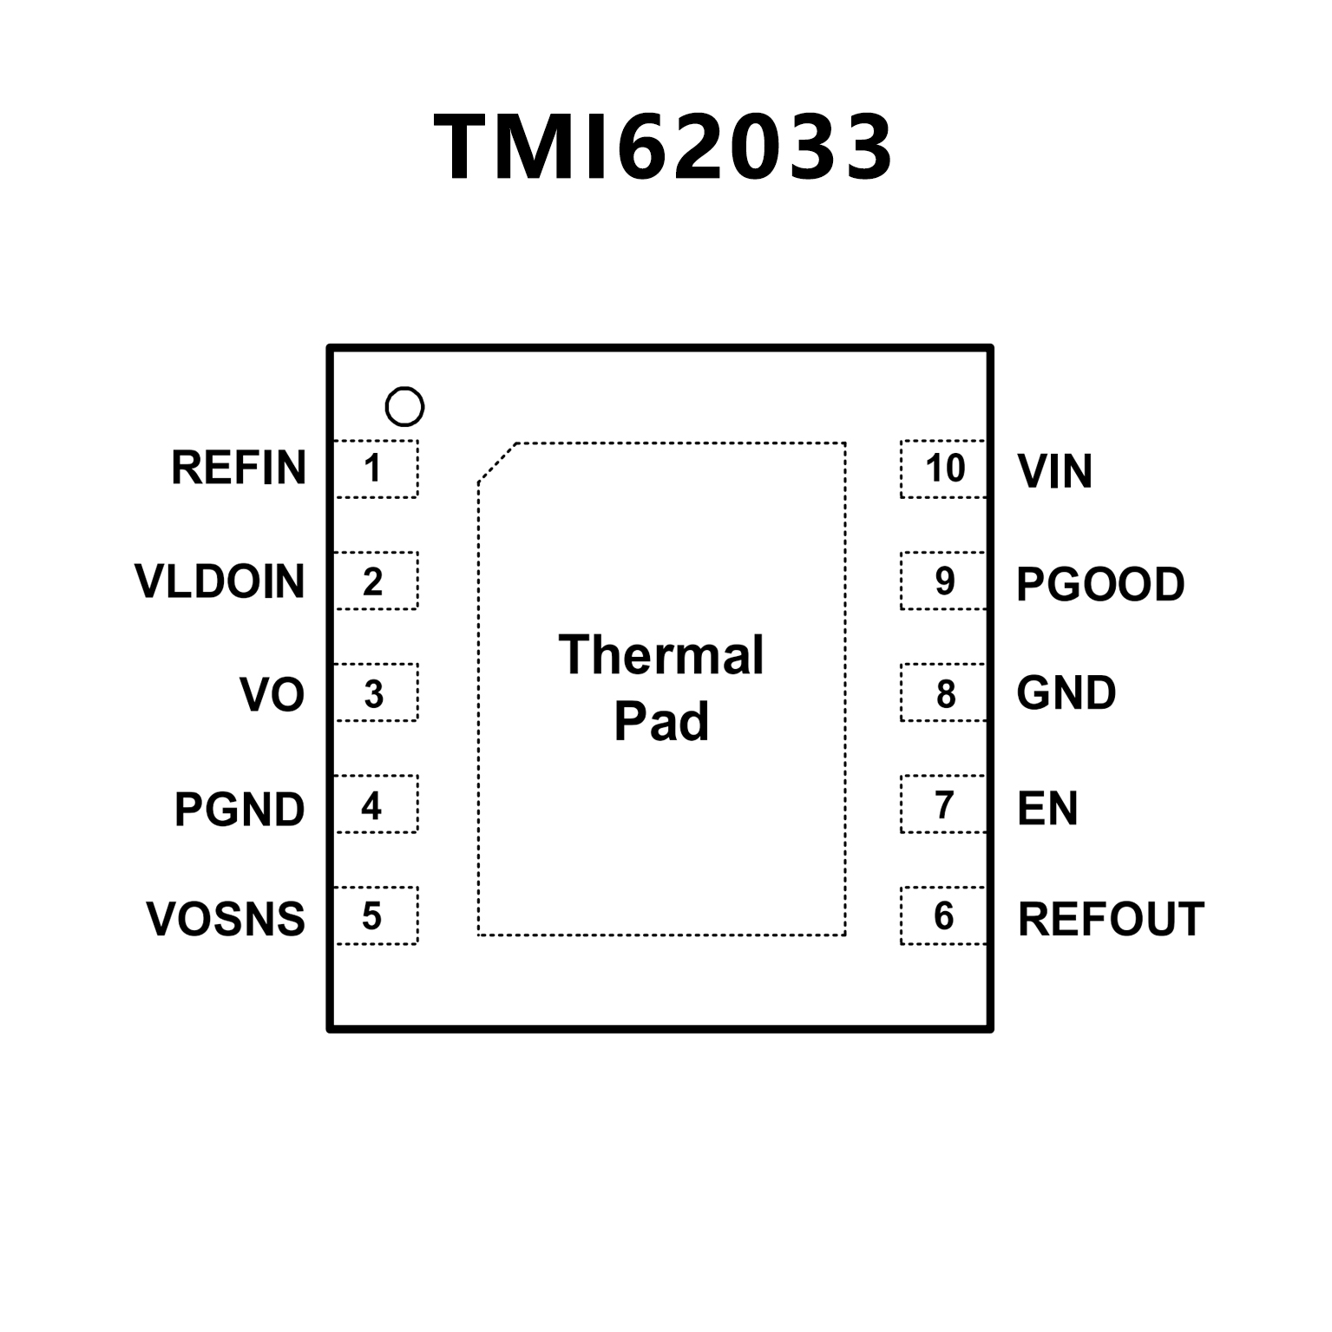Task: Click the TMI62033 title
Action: point(664,148)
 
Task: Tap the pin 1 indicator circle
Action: point(404,406)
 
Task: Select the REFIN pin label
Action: point(239,468)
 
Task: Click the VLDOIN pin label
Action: point(220,581)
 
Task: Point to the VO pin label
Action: point(272,694)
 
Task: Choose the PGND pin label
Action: point(239,809)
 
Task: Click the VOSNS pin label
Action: point(226,919)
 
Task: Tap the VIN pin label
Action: point(1054,471)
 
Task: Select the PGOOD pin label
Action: point(1100,584)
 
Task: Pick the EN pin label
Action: point(1047,808)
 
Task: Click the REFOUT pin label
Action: point(1111,919)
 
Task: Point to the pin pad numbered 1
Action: point(376,469)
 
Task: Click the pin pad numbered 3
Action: point(376,692)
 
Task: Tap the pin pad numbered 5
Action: point(376,915)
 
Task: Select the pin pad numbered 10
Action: point(943,469)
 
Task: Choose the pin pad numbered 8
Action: point(943,692)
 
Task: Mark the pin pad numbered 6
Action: point(943,915)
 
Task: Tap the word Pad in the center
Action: point(661,721)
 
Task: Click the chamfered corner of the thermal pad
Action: point(497,461)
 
